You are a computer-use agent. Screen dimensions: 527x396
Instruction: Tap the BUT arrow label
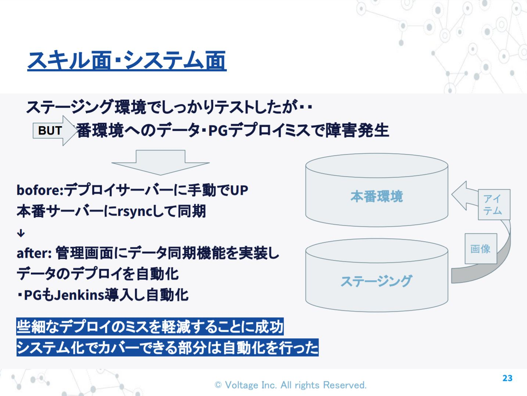coord(50,131)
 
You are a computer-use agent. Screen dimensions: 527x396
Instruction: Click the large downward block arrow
coord(160,163)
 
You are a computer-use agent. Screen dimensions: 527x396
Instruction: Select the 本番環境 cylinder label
coord(376,196)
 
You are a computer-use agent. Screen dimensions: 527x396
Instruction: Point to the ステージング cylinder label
coord(376,281)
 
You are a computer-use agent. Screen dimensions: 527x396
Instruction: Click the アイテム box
coord(494,204)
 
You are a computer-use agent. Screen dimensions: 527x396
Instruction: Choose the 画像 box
coord(481,249)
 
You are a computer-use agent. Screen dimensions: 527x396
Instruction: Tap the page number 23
coord(507,378)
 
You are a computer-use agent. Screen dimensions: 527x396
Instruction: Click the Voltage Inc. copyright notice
coord(290,385)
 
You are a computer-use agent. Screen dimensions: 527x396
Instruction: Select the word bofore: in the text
coord(40,190)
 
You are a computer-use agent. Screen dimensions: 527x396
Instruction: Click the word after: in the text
coord(34,253)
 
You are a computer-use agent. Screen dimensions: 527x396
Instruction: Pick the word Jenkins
coord(79,295)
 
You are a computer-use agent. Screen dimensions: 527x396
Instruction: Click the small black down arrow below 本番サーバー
coord(21,233)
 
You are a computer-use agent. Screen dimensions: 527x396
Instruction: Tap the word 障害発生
coord(357,131)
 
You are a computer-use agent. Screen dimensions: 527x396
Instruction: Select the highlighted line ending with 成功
coord(150,327)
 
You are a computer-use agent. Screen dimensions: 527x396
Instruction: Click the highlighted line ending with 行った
coord(167,347)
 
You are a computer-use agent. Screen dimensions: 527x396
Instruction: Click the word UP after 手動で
coord(239,190)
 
